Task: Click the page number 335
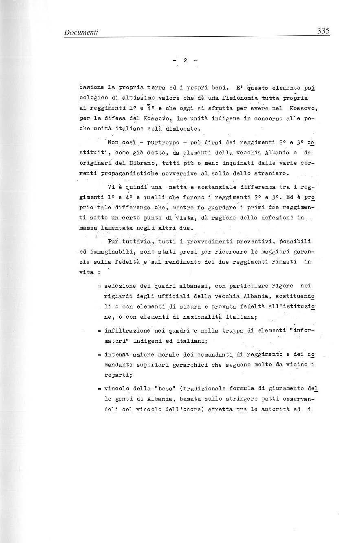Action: coord(322,31)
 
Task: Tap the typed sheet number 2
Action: coord(185,60)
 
